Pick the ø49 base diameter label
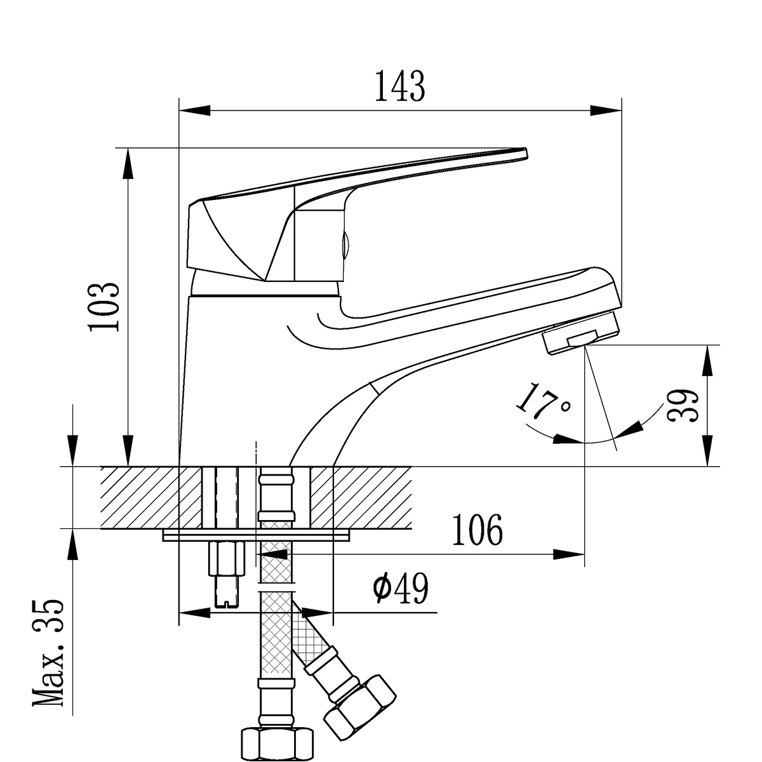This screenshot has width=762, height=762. tap(401, 589)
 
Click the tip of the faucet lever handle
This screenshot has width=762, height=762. tap(522, 152)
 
